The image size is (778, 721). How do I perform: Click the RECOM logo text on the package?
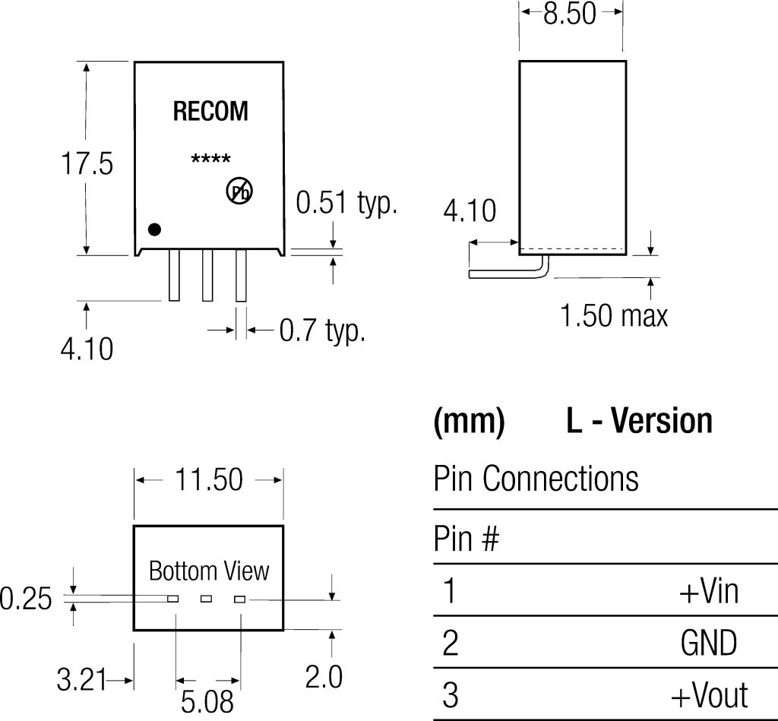pos(210,112)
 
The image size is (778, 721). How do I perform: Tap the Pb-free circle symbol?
pos(239,191)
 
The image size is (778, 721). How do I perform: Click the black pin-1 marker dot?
pos(155,229)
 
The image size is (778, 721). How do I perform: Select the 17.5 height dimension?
pos(87,163)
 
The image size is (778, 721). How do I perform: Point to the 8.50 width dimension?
pos(570,13)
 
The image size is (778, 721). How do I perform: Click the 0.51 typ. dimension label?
pos(346,203)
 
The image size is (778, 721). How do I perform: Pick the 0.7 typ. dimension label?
pos(322,330)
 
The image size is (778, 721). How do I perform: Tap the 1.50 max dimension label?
pos(614,315)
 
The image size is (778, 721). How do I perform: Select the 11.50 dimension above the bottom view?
pos(209,479)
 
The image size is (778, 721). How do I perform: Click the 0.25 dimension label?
pos(26,599)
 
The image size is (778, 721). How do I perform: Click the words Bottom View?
pos(208,571)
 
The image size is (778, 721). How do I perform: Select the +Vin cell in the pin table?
pos(708,590)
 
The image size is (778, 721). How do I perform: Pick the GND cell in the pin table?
pos(708,644)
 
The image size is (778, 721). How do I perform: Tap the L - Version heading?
pos(639,421)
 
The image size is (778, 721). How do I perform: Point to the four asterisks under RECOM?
pos(210,160)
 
